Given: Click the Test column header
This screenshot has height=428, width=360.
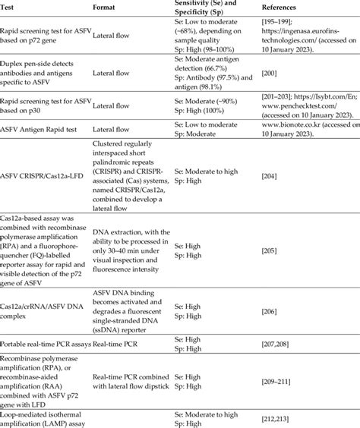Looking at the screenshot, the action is [x=11, y=6].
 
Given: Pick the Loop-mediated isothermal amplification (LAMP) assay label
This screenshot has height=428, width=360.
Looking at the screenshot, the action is [x=42, y=414].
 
